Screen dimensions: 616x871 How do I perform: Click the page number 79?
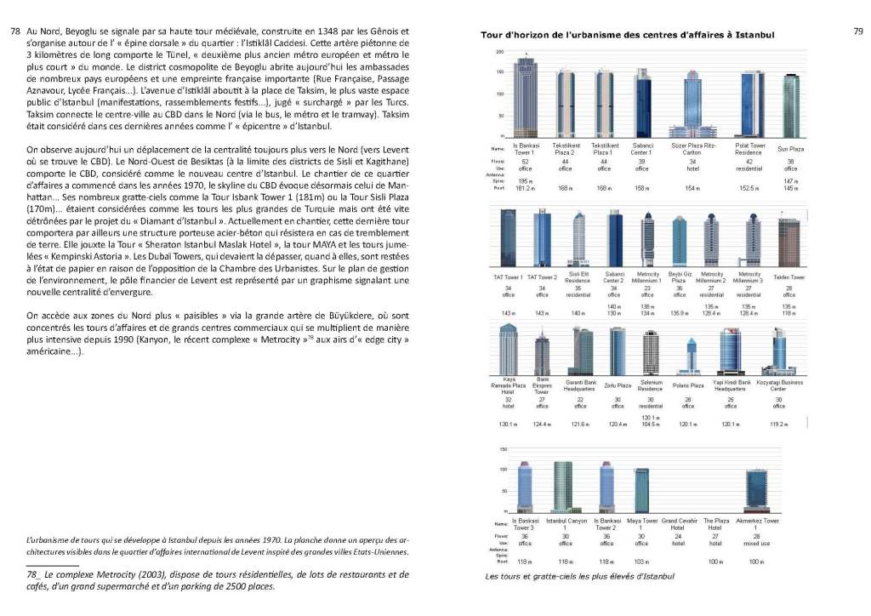point(857,31)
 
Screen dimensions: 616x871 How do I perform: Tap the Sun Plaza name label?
point(791,149)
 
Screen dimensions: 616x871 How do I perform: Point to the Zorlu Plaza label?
point(618,385)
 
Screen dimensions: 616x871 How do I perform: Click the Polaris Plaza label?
point(688,385)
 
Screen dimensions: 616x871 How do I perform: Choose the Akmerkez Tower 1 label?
point(758,524)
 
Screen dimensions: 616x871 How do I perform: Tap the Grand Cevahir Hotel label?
point(680,524)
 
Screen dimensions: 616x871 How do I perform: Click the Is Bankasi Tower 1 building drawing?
point(526,95)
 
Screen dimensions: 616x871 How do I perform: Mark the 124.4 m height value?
point(542,424)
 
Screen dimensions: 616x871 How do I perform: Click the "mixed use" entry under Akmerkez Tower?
point(757,542)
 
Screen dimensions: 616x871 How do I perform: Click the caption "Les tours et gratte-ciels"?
point(579,577)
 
